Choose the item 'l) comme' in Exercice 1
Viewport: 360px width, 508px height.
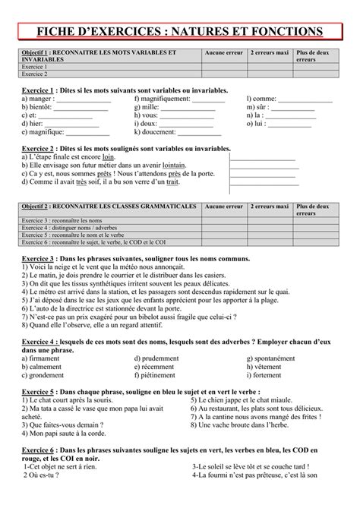[x=261, y=98]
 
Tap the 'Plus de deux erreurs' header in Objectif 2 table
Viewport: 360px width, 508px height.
[x=311, y=210]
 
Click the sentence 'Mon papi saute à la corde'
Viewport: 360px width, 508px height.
[x=65, y=435]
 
